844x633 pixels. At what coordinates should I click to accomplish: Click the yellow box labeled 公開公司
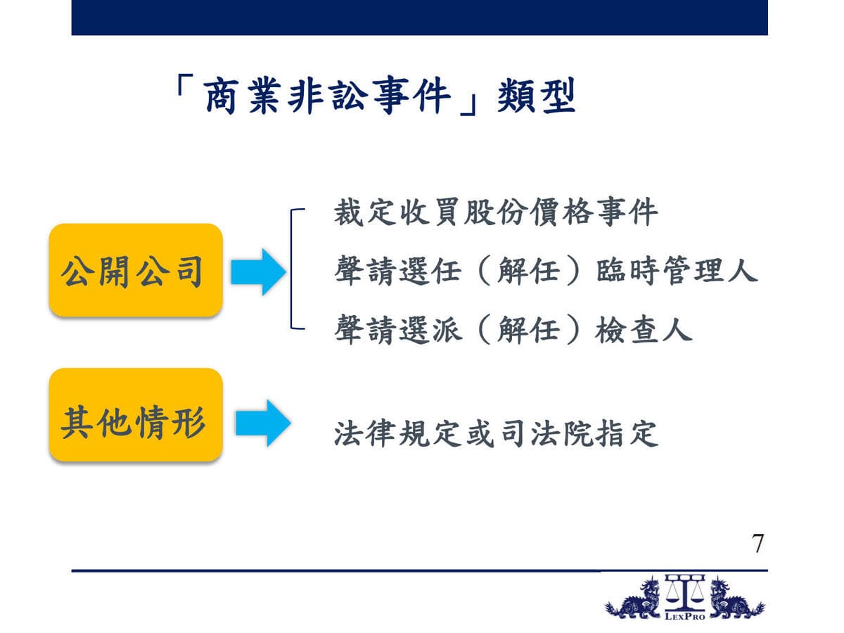pos(136,270)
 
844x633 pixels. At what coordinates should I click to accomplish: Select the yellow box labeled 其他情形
pos(136,415)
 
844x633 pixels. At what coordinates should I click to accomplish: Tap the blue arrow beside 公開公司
pos(258,272)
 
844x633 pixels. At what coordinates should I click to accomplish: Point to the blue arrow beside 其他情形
pos(263,423)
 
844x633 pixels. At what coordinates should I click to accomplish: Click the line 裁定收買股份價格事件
pos(496,212)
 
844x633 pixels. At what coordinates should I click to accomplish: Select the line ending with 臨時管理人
pos(546,271)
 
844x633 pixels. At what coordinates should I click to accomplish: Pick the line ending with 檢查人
pos(513,329)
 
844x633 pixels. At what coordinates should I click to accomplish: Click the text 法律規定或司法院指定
pos(496,434)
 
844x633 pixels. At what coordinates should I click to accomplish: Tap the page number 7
pos(757,544)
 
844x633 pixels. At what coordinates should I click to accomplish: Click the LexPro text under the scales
pos(685,617)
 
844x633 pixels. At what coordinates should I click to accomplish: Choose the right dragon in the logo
pos(736,599)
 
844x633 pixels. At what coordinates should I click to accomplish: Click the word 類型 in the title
pos(536,95)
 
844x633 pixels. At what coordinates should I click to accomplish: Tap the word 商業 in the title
pos(242,96)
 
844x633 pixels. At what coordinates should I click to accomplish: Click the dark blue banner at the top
pos(419,18)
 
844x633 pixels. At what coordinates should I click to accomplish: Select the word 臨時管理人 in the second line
pos(677,271)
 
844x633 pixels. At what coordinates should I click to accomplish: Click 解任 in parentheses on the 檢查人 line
pos(529,329)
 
